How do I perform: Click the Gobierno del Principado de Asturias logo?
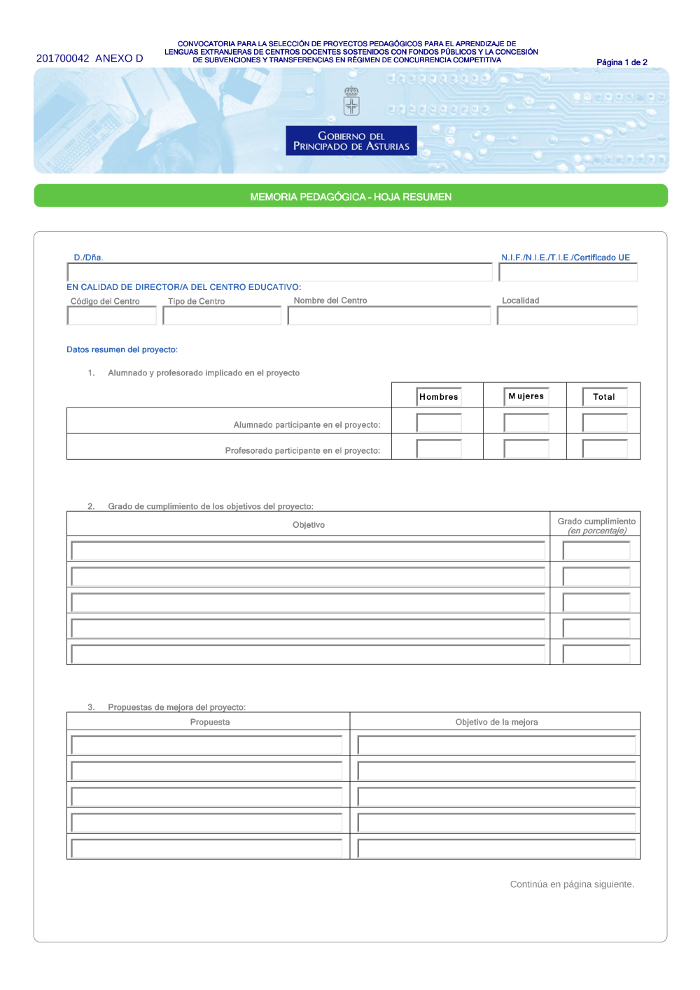(351, 141)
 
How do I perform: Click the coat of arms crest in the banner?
(351, 102)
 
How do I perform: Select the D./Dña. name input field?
(279, 272)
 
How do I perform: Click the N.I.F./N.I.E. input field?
(568, 272)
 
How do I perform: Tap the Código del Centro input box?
(112, 316)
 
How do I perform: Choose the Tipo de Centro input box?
(222, 316)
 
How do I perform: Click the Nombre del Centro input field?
(389, 316)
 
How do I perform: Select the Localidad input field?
(568, 316)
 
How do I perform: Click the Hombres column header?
(439, 397)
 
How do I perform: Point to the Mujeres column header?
(526, 396)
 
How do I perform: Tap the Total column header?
(605, 397)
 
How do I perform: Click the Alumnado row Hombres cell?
(439, 423)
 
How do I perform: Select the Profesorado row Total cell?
(605, 448)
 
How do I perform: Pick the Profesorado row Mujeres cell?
(526, 448)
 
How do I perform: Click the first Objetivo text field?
(308, 551)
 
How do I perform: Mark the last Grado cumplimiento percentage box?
(596, 655)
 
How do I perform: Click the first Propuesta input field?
(207, 745)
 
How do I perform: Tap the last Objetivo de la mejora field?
(496, 849)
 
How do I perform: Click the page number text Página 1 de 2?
(622, 62)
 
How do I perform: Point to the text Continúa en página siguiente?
(572, 884)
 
